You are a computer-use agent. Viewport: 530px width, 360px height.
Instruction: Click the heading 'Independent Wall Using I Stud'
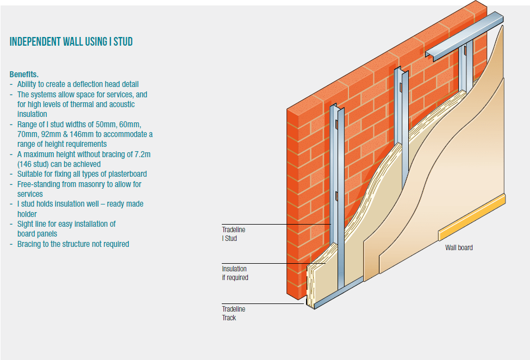coord(71,42)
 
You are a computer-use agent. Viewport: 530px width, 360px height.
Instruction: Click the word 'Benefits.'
coord(24,74)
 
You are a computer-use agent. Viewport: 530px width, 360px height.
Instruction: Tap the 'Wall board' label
coord(459,248)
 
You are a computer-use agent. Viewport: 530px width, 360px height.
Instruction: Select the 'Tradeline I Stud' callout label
coord(233,234)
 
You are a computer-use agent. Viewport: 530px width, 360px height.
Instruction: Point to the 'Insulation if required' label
coord(235,273)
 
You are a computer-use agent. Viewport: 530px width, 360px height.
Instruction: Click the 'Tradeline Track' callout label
coord(233,313)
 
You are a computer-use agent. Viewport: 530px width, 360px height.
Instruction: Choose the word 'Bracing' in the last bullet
coord(29,244)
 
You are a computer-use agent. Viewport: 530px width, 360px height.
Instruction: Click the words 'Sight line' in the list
coord(32,224)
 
